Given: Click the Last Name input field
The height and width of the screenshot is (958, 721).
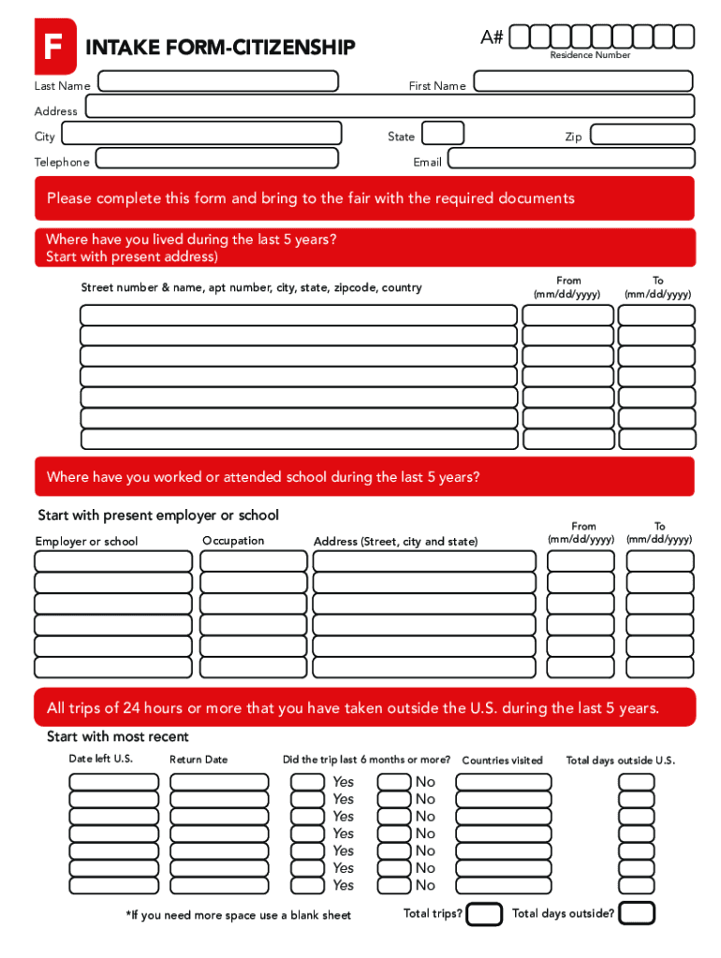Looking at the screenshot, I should tap(217, 80).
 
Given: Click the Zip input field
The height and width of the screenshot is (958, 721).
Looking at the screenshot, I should tap(642, 134).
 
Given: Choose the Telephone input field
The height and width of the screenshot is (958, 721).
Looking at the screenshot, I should tap(219, 160).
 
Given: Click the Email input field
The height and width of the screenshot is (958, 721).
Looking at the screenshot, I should tap(570, 159).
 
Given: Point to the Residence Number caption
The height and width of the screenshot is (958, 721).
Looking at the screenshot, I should tap(590, 55).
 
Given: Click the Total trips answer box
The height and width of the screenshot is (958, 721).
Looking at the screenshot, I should tap(484, 914).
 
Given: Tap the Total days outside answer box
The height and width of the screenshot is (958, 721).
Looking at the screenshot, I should tap(637, 913).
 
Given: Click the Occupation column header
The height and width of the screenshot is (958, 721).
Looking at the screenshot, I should tap(233, 541).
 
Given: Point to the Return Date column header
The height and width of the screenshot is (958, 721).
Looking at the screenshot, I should tap(199, 760).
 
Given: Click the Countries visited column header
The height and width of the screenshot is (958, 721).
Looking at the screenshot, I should tap(502, 761).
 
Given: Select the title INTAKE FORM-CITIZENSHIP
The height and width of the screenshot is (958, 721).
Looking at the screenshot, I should tap(220, 47).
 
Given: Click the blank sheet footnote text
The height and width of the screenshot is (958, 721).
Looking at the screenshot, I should tap(238, 915).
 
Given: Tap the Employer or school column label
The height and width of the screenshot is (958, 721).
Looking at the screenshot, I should tap(86, 542).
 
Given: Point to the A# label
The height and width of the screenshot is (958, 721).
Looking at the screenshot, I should tap(492, 36).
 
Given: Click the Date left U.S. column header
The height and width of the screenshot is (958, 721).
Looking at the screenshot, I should tap(101, 759).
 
